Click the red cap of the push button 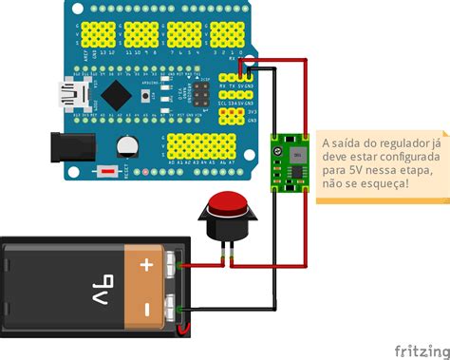coord(227,205)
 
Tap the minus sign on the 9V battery coord(146,309)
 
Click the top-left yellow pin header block coord(104,34)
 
